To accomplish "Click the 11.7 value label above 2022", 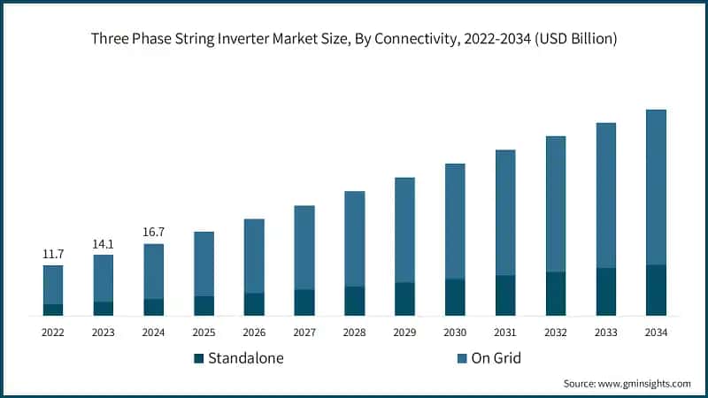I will coord(53,254).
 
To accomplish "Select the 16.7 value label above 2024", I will coord(154,233).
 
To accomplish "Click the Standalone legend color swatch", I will coord(199,358).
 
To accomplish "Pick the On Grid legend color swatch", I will coord(462,358).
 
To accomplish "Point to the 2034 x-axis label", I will coord(656,333).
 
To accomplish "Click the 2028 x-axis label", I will coord(354,333).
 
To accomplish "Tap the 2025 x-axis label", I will coord(204,333).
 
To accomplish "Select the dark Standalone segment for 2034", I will coord(656,290).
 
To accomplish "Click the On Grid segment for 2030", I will coord(455,221).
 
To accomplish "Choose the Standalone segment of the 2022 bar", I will coord(53,310).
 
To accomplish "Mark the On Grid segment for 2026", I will coord(254,256).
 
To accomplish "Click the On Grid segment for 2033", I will coord(605,195).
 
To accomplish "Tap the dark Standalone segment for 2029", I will coord(404,299).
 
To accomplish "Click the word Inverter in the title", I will coord(284,39).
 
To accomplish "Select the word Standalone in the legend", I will coord(246,358).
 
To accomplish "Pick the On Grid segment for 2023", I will coord(104,278).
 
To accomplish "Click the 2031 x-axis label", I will coord(505,333).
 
